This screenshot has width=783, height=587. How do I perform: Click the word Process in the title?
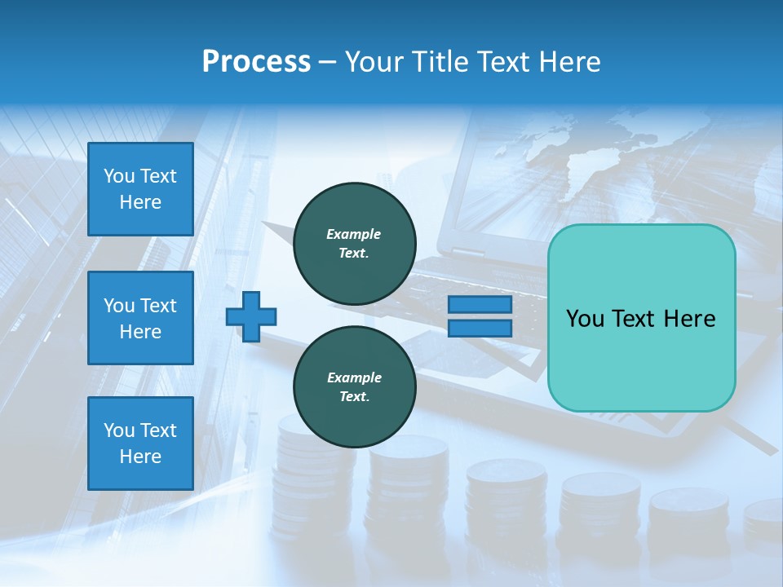[x=256, y=62]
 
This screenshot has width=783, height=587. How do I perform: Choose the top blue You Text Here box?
[x=140, y=189]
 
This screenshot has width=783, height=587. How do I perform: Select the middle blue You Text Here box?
[x=140, y=318]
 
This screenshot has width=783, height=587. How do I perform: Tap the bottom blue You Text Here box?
[x=140, y=444]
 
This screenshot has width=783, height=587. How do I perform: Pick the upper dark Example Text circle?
[x=354, y=244]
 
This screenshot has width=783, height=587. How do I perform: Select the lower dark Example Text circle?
[x=354, y=387]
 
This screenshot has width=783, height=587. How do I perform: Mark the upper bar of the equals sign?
[x=480, y=305]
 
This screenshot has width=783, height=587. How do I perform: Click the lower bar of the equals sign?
[x=480, y=329]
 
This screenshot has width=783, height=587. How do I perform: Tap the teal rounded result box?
[x=641, y=318]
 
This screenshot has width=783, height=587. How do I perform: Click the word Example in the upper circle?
[x=354, y=234]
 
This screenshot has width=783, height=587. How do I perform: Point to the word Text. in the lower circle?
[x=354, y=397]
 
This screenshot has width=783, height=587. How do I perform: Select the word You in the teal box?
[x=585, y=319]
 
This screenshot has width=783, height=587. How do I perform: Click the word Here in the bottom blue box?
[x=140, y=457]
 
